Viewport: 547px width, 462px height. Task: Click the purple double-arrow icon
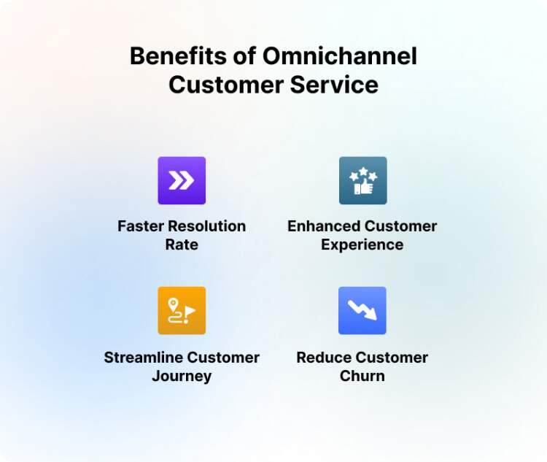pos(182,180)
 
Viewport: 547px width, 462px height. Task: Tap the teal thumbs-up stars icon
pos(362,180)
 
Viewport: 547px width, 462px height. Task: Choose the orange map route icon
pos(182,310)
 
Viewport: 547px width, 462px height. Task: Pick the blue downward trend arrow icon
pos(362,310)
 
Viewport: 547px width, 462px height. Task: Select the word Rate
pos(182,245)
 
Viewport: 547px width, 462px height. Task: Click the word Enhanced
pos(324,226)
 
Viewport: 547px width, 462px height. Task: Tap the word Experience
pos(362,245)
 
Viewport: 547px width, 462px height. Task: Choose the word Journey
pos(182,377)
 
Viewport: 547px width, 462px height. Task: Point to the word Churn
pos(362,377)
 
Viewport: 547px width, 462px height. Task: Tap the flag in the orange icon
pos(190,311)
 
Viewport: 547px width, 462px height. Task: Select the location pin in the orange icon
pos(174,304)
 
